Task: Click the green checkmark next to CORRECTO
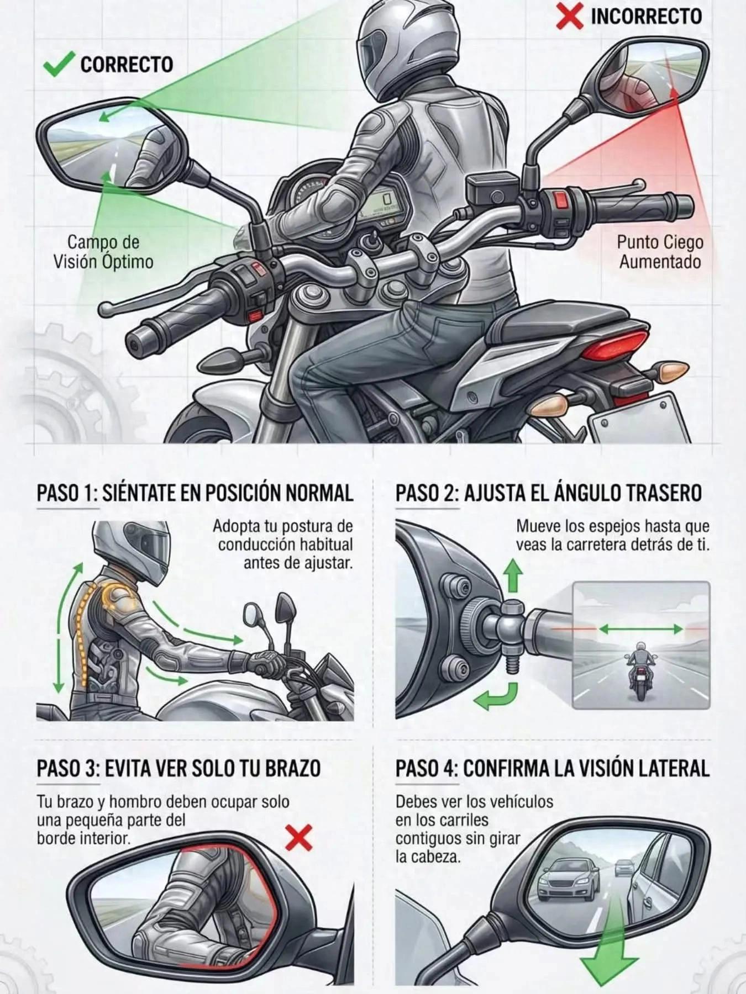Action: (x=59, y=65)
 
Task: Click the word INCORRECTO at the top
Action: (x=646, y=16)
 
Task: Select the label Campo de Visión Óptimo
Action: (x=103, y=252)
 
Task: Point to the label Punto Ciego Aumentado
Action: (x=660, y=252)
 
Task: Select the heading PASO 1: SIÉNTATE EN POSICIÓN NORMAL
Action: (x=195, y=493)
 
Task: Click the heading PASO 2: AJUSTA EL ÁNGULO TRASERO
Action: (x=548, y=493)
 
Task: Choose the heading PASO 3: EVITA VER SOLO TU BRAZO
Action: (x=178, y=769)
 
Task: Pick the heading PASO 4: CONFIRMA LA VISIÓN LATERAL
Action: (x=552, y=769)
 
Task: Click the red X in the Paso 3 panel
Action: (x=299, y=838)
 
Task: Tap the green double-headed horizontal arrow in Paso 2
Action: (x=641, y=628)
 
